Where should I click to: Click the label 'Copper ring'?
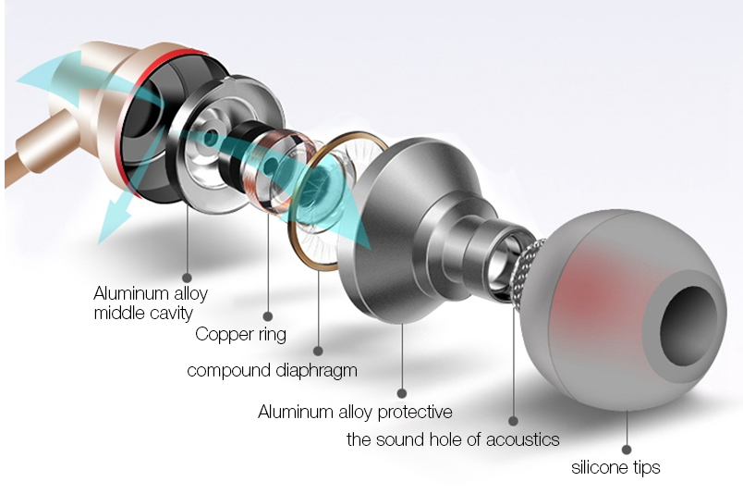coord(240,335)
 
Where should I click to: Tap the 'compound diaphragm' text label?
coord(272,370)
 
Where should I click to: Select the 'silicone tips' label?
coord(615,467)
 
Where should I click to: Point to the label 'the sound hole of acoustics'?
coord(453,439)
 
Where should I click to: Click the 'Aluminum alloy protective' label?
coord(355,412)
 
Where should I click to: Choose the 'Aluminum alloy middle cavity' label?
coord(151,303)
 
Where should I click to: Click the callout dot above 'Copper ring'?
coord(268,316)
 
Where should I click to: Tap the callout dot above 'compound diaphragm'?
coord(318,352)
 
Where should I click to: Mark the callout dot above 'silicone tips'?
coord(627,450)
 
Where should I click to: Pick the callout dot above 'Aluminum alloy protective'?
coord(402,393)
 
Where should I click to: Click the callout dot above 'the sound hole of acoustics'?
coord(513,420)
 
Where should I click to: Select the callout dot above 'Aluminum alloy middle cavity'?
coord(188,278)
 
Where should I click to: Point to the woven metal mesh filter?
coord(524,270)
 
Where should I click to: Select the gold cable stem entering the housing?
coord(41,147)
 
